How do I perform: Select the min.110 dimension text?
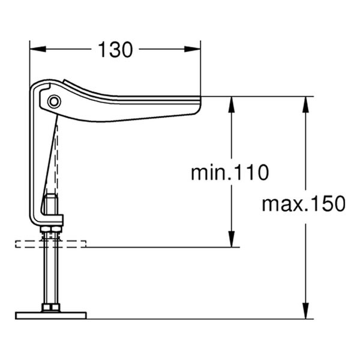tap(230, 173)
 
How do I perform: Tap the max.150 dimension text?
tap(304, 204)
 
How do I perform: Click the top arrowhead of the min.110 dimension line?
tap(231, 103)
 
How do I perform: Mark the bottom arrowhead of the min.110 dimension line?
tap(231, 240)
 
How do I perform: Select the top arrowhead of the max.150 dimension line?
tap(307, 103)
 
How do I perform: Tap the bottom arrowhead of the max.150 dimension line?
tap(307, 312)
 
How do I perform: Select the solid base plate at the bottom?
tap(51, 315)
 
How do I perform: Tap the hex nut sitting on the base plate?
tap(51, 308)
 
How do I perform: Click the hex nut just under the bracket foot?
tap(51, 228)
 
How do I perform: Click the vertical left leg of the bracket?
tap(35, 162)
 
